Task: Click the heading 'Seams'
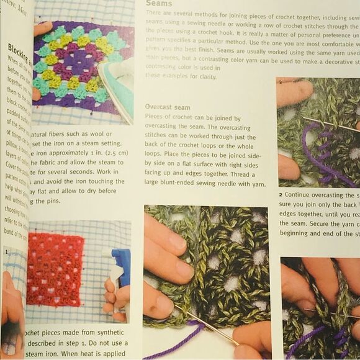159,4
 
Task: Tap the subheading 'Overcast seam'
168,107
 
